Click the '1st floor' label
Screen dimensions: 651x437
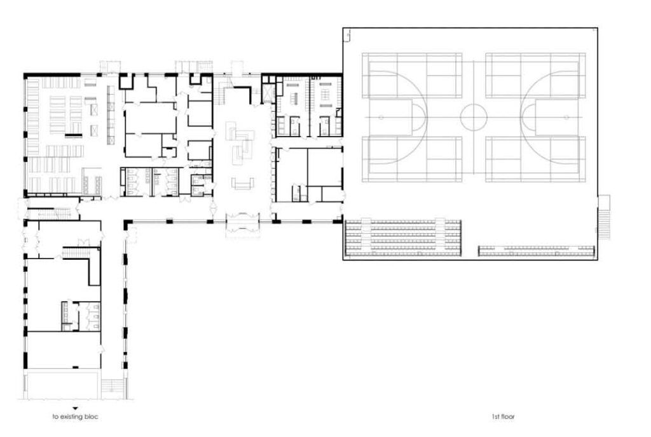tap(504, 416)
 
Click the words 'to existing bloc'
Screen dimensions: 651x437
tap(75, 416)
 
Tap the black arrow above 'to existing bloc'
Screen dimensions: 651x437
tap(75, 409)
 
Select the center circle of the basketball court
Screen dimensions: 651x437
tap(473, 117)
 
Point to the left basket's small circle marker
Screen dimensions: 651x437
tap(381, 118)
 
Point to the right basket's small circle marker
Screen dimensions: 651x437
tap(566, 118)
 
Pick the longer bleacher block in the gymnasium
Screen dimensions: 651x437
tap(403, 237)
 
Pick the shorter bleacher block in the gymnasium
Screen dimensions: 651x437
tap(537, 251)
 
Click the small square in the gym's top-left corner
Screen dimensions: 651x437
tap(346, 35)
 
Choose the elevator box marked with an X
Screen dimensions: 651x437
tap(268, 94)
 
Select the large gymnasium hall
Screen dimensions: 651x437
tap(470, 144)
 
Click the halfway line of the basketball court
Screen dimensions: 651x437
tap(474, 118)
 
